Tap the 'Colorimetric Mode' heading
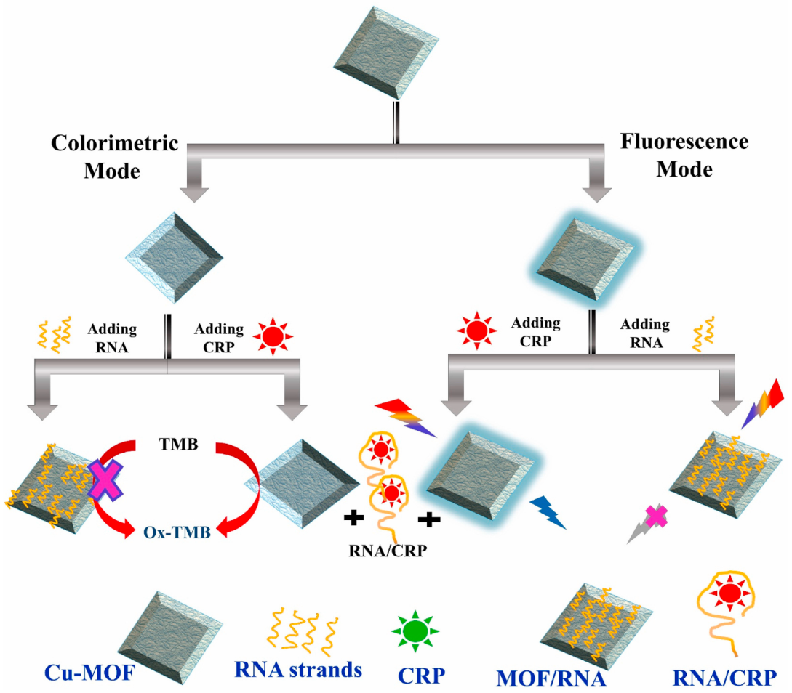[115, 155]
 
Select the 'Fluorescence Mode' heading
[684, 155]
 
